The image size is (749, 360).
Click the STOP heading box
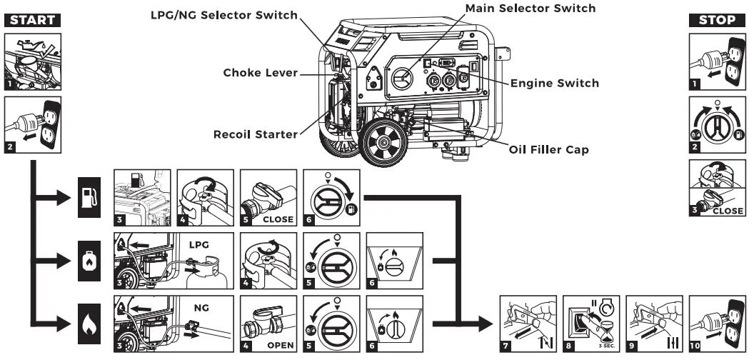click(x=715, y=19)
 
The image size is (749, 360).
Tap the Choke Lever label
click(x=259, y=72)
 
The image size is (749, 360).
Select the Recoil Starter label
click(x=255, y=134)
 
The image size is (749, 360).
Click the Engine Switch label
click(x=555, y=83)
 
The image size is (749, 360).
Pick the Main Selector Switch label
click(x=529, y=8)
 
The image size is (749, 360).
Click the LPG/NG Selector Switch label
click(x=223, y=15)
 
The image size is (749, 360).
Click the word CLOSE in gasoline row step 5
click(x=277, y=219)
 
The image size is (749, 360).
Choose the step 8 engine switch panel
click(x=590, y=323)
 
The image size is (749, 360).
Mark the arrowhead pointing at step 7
click(x=487, y=322)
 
